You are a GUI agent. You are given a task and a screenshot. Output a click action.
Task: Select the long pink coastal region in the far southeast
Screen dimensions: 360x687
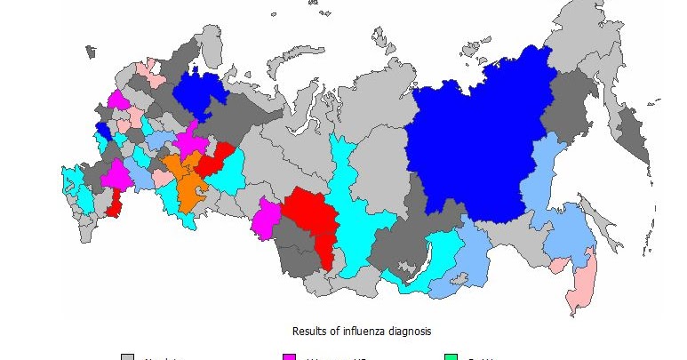point(582,284)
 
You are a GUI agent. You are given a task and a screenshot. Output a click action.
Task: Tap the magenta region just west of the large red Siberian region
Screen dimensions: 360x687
point(264,219)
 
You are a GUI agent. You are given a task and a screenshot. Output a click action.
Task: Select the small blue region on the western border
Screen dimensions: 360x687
point(102,131)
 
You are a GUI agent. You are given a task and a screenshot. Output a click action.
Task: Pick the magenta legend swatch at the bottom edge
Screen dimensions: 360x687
point(289,356)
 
